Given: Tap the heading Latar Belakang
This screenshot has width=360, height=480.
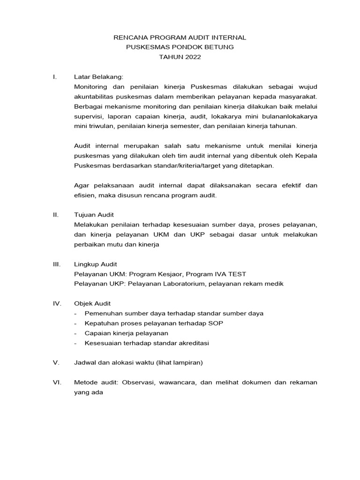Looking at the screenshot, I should coord(98,76).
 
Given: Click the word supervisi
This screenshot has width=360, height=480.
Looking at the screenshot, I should coord(88,117).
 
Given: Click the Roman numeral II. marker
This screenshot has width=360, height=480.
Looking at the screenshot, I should coord(56,215).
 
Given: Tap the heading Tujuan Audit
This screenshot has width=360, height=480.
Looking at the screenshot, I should coord(94,215).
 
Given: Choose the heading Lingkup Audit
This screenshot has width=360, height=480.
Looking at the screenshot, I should coord(96,264).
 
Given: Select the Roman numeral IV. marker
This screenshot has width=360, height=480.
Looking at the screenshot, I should coord(57,304).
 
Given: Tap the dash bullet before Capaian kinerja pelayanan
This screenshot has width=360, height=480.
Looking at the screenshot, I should coord(76,333).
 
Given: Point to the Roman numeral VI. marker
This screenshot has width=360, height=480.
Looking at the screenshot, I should coord(57,382).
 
